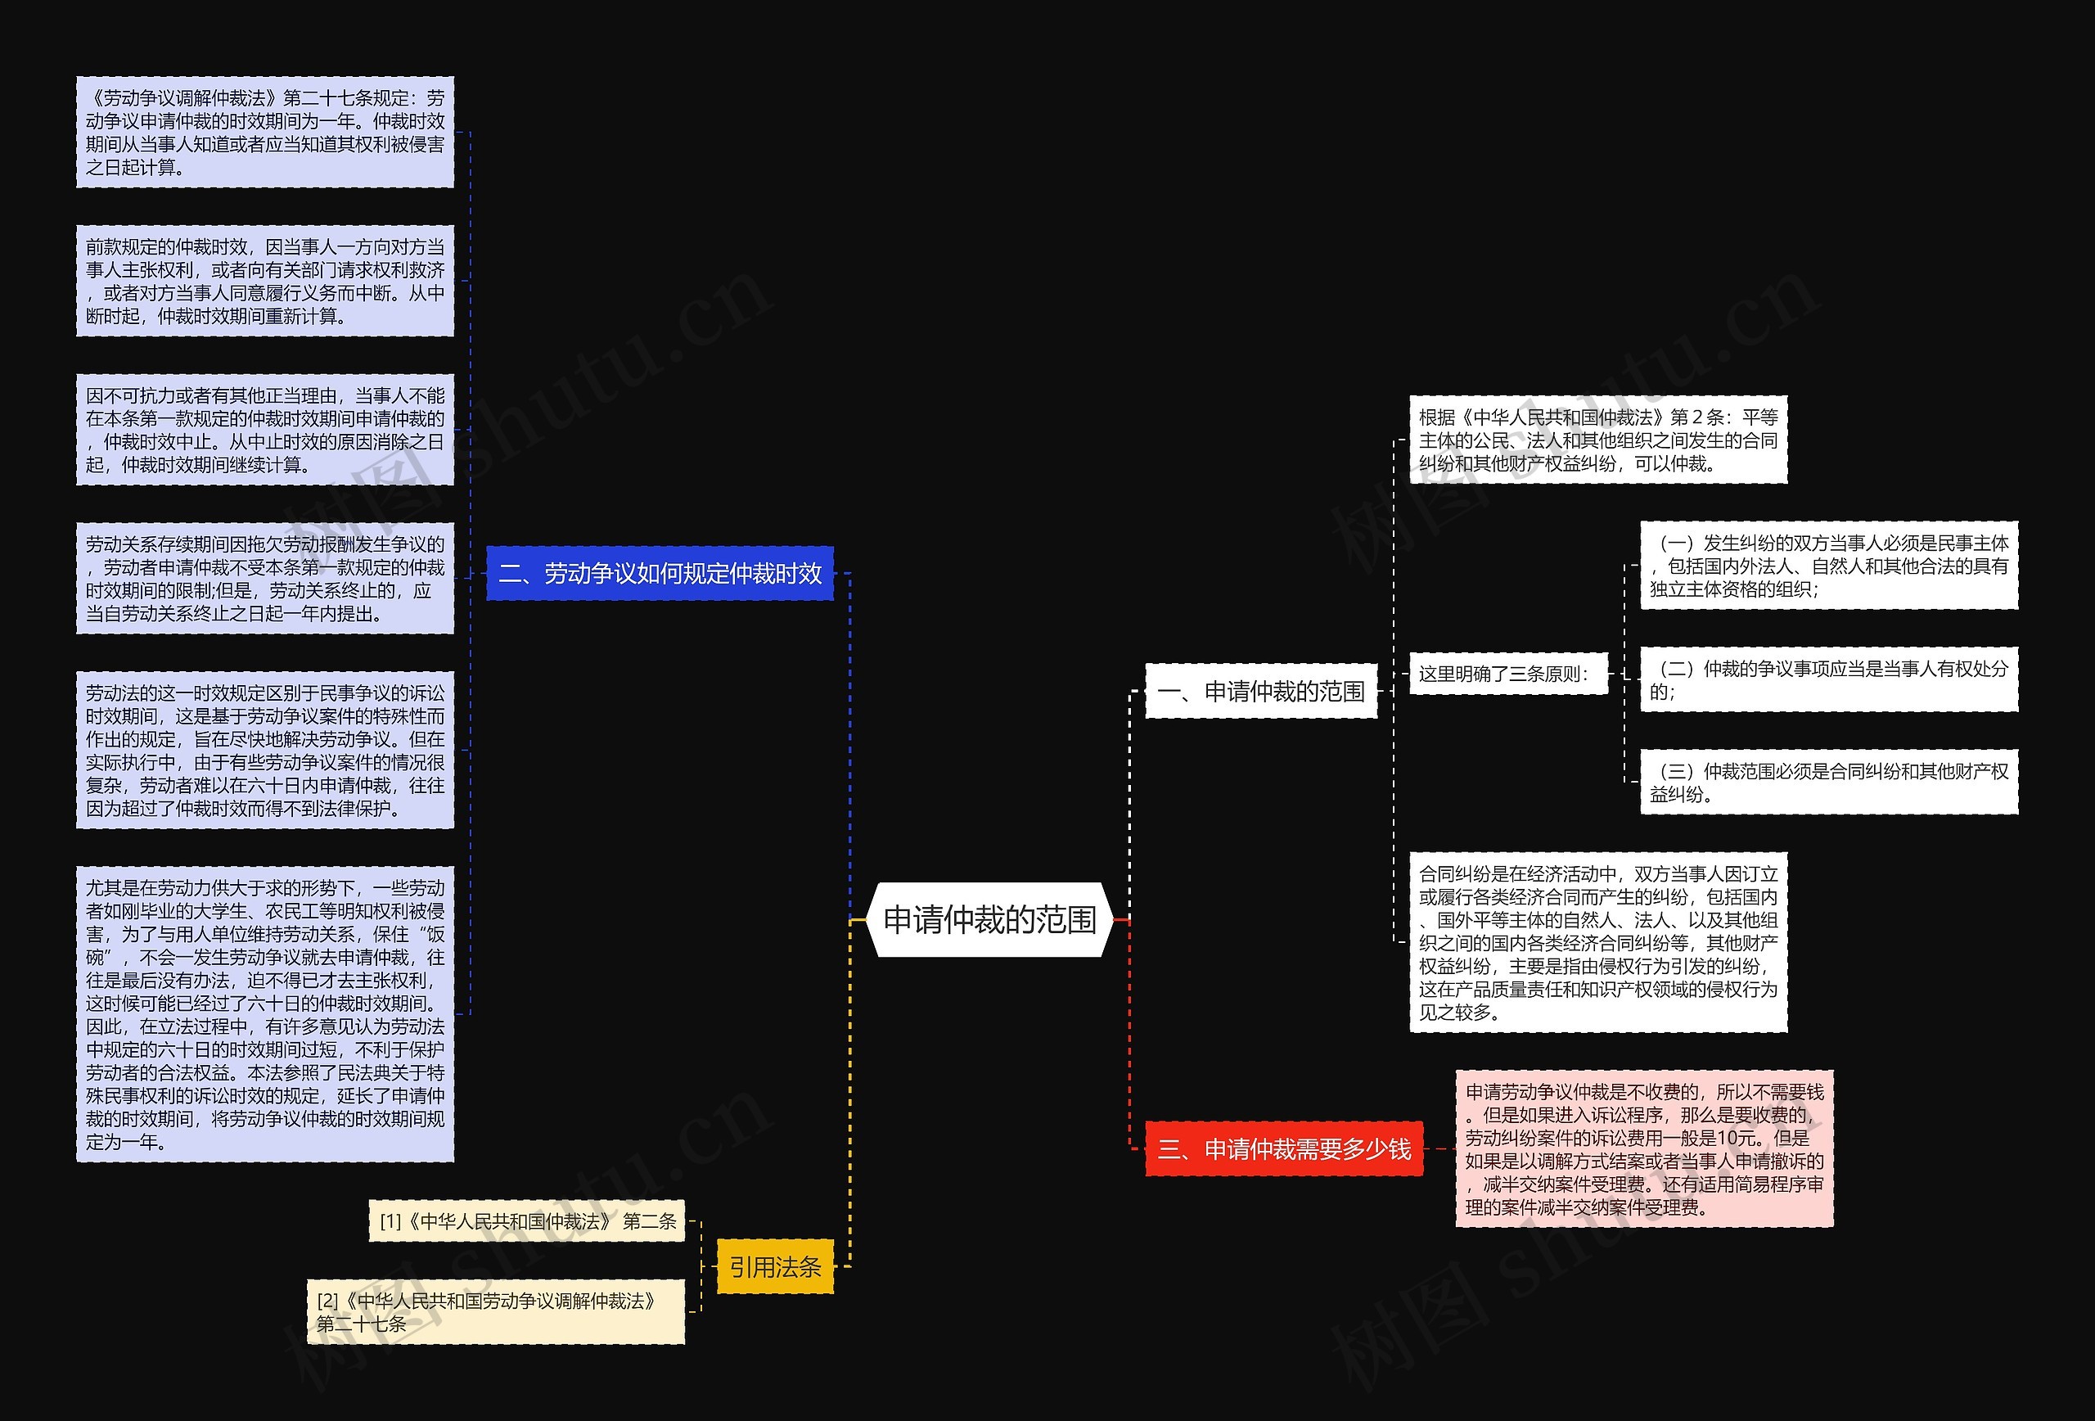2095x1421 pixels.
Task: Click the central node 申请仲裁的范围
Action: [989, 920]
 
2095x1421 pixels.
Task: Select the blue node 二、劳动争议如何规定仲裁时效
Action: [660, 574]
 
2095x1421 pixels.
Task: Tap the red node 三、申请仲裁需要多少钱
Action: [1284, 1148]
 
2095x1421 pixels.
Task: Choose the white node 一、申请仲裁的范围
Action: [1261, 692]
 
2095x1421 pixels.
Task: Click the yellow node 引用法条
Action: [775, 1267]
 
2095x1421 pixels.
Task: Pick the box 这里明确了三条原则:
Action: [1508, 674]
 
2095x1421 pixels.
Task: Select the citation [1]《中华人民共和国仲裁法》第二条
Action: [527, 1220]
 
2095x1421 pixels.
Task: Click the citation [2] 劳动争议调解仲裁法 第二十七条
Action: [496, 1312]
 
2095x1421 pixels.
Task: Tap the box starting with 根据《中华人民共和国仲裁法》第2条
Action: [1597, 440]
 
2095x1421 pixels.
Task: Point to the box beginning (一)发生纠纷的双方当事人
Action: [1828, 566]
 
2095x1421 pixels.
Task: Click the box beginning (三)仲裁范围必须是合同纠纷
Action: [1828, 782]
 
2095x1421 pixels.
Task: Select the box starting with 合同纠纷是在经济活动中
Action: [1597, 942]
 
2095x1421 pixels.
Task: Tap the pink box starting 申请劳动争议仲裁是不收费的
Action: [1644, 1148]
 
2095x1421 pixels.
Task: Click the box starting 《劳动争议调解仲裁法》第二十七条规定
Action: [265, 133]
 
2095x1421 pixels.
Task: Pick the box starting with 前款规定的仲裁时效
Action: [265, 282]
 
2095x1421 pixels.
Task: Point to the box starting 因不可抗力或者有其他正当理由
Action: [265, 430]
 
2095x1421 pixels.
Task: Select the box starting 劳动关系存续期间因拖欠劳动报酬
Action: [265, 579]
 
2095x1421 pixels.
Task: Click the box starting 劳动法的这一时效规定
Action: [265, 750]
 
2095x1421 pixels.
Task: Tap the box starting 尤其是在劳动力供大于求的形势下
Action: [265, 1014]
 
